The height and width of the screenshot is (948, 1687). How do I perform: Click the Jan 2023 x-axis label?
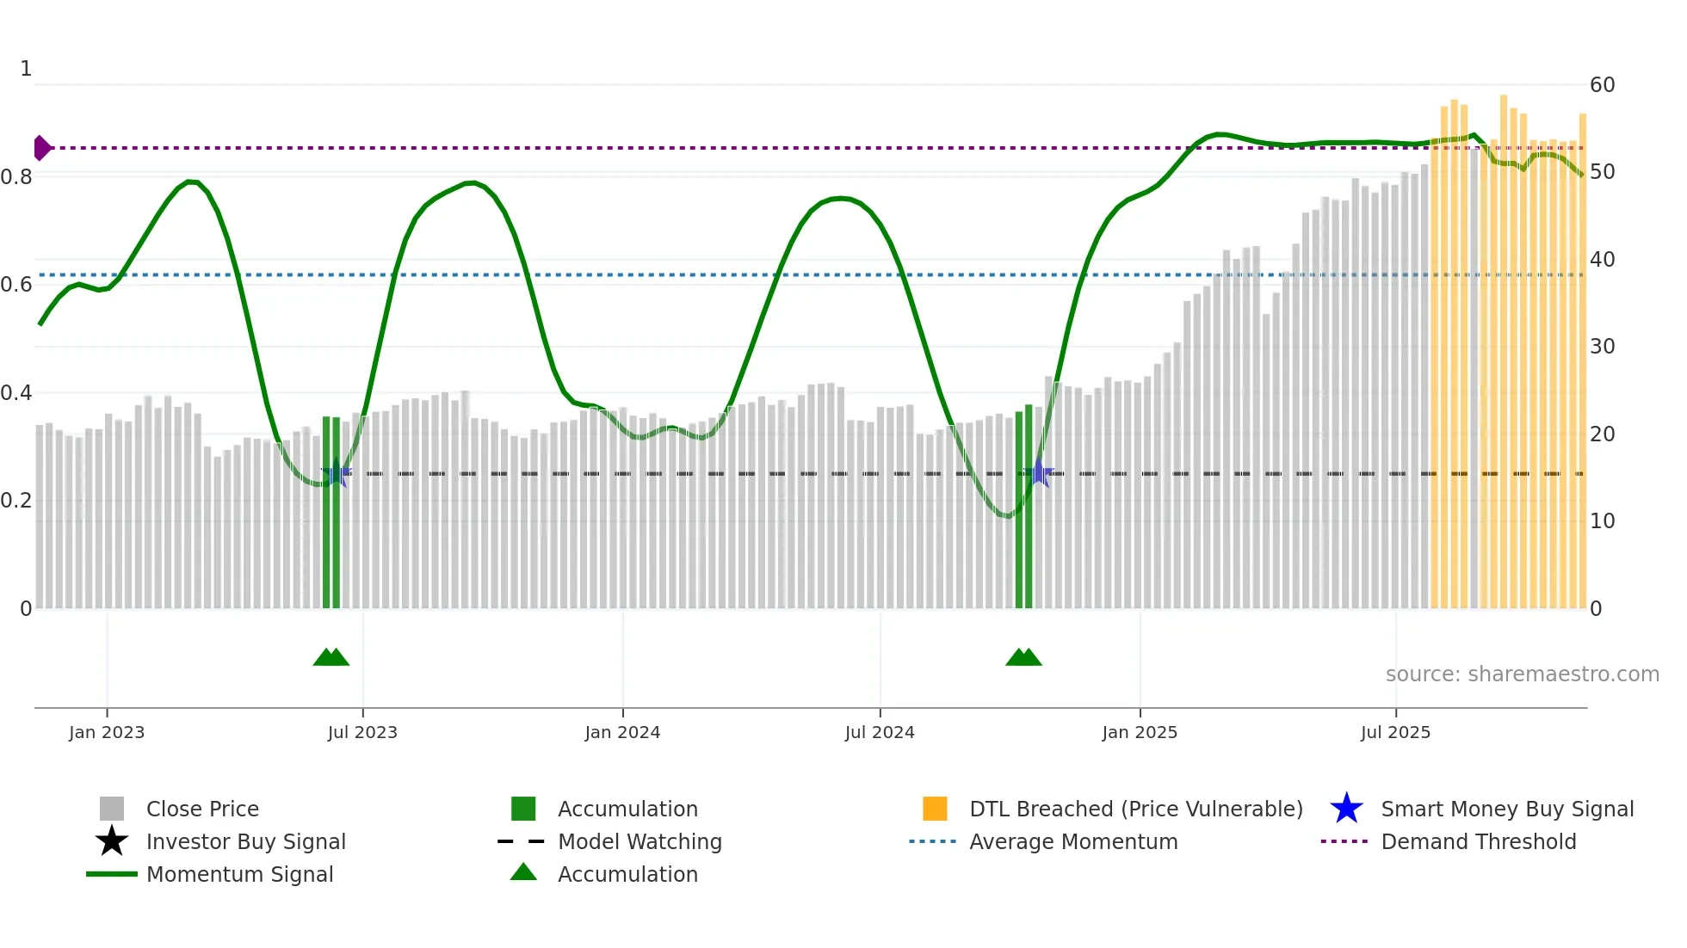click(x=107, y=732)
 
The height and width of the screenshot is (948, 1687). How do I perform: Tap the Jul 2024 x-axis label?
click(x=880, y=732)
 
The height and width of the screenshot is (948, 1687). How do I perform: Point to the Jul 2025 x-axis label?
click(x=1395, y=732)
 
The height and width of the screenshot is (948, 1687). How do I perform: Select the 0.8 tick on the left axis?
click(x=17, y=177)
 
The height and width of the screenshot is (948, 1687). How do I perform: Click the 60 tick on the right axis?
click(x=1602, y=85)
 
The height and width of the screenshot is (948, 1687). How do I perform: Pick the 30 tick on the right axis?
click(x=1602, y=347)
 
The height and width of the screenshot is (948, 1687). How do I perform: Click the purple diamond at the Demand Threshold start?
click(x=41, y=148)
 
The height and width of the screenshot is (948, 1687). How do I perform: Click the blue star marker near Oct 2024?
click(x=1040, y=473)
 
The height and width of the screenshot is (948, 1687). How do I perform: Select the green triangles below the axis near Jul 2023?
click(x=331, y=658)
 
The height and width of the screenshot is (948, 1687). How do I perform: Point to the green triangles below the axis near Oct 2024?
click(x=1024, y=658)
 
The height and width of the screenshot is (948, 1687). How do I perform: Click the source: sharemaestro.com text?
click(x=1522, y=674)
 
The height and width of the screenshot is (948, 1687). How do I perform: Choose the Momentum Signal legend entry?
click(x=239, y=875)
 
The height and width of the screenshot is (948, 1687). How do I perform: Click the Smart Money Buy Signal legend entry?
click(x=1506, y=809)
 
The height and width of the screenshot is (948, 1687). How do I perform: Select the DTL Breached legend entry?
click(x=1135, y=809)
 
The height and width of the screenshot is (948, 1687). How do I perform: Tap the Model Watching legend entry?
click(x=639, y=842)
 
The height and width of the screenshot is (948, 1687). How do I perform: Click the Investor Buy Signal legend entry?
click(x=245, y=842)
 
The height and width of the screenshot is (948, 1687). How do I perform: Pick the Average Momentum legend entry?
click(x=1072, y=842)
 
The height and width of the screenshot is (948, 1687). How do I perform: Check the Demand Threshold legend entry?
click(x=1478, y=842)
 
